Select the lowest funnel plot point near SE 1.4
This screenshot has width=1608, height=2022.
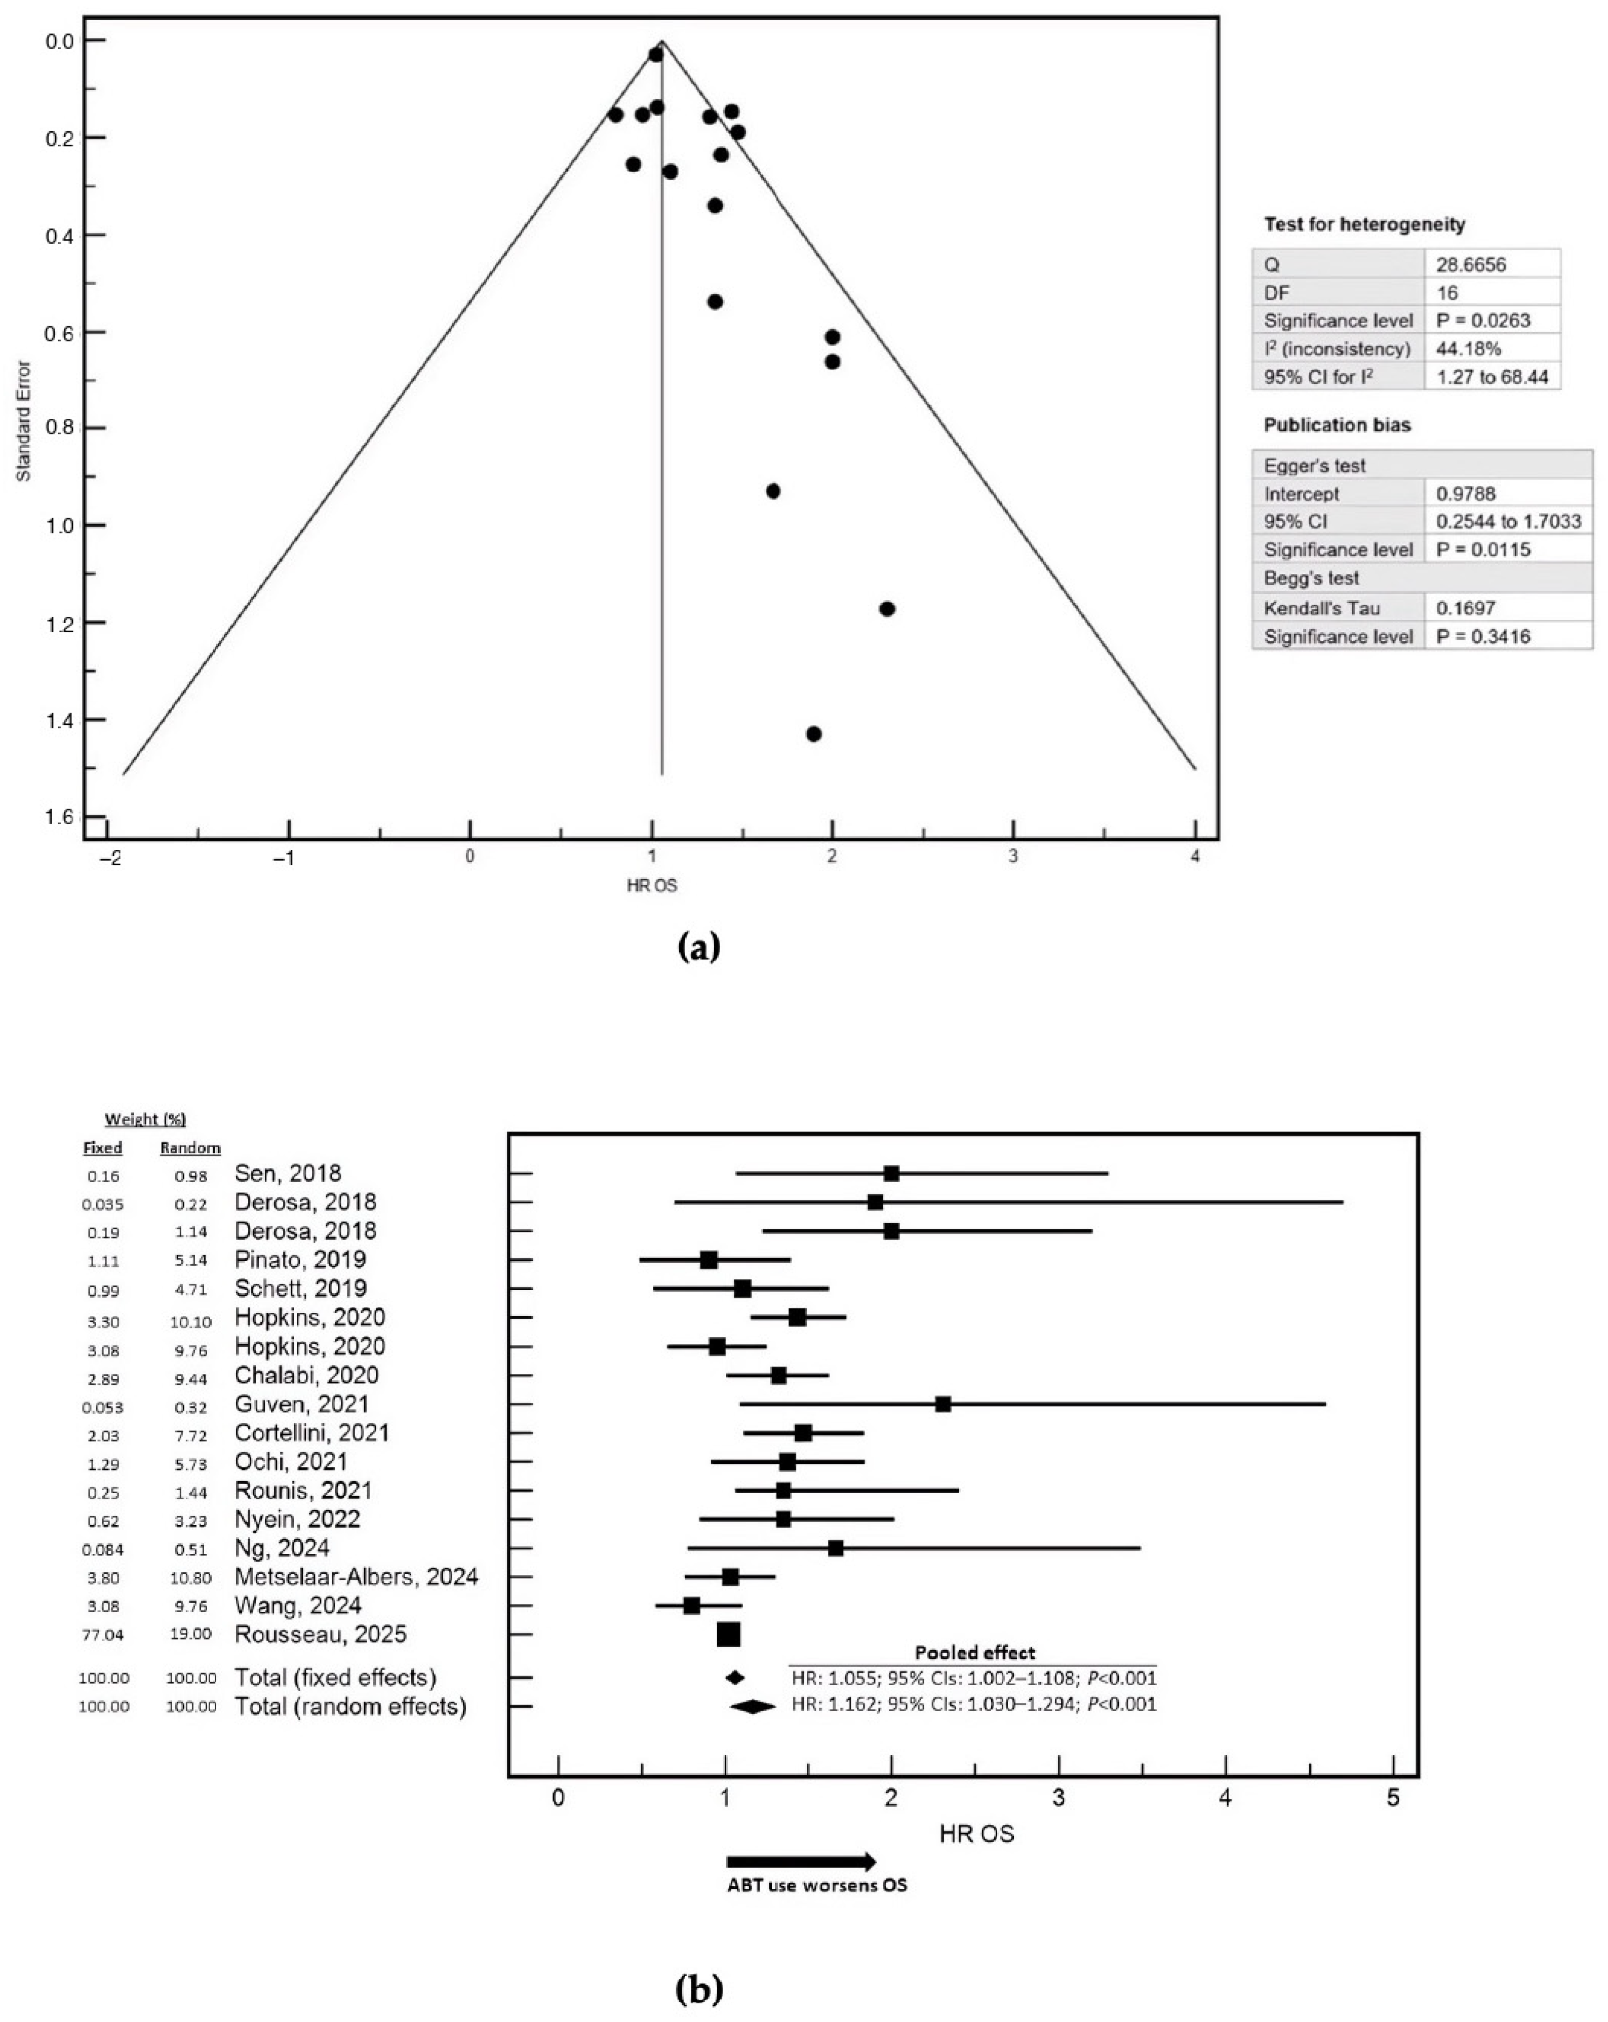(x=814, y=733)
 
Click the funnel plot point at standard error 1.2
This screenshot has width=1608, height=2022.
(x=887, y=609)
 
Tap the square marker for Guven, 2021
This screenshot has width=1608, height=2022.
(x=943, y=1404)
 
